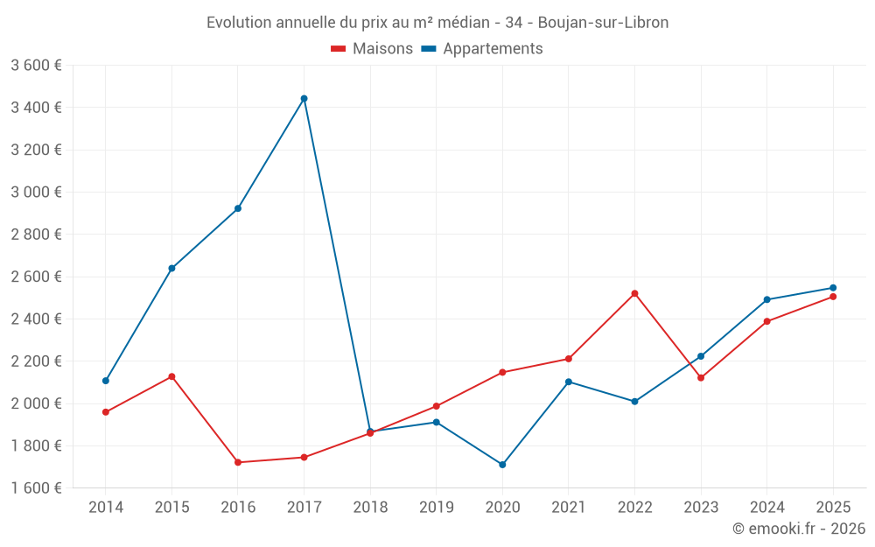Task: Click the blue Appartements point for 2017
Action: tap(304, 99)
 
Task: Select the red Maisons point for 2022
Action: tap(634, 293)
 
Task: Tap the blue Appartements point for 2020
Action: tap(502, 465)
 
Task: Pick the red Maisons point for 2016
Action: tap(238, 462)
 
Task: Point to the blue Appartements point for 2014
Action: tap(106, 381)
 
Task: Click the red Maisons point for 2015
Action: tap(171, 376)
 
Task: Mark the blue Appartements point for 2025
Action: tap(833, 288)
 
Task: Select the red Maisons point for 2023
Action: tap(701, 377)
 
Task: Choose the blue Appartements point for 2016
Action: tap(238, 208)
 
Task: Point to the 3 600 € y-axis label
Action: tap(36, 65)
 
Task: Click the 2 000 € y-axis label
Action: tap(36, 403)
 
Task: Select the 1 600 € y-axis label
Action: tap(36, 488)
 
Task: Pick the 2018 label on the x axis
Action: tap(370, 507)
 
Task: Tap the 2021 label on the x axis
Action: tap(569, 507)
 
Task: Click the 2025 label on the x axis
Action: tap(833, 507)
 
